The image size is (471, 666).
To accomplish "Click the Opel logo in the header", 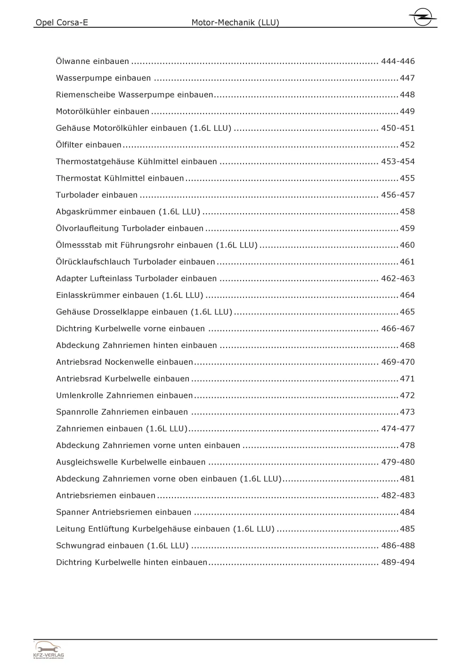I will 422,18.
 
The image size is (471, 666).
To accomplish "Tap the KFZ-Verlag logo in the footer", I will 49,650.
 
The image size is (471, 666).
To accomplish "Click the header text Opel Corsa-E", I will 62,23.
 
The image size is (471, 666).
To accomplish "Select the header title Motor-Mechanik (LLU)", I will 235,23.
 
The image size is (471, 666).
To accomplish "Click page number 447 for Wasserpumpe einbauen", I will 407,78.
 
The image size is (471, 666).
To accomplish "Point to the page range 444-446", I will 398,61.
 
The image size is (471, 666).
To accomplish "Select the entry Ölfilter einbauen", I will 89,145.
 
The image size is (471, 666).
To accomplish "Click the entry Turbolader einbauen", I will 97,195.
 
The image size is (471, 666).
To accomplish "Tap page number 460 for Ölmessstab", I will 407,245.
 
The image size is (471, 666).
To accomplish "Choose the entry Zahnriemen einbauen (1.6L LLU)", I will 122,429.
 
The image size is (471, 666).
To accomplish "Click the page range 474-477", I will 398,429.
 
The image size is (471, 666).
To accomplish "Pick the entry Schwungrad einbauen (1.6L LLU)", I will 122,546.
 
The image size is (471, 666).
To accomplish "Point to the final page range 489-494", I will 398,562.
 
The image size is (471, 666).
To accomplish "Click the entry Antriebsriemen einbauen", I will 106,496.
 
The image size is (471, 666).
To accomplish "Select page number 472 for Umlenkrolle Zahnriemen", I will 407,395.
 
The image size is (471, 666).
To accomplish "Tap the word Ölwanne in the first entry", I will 73,61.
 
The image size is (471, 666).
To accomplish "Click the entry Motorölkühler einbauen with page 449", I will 103,112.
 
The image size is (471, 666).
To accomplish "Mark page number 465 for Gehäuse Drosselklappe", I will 407,312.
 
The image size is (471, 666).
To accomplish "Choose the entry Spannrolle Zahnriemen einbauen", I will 122,412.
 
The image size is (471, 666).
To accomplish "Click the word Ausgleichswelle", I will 87,462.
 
